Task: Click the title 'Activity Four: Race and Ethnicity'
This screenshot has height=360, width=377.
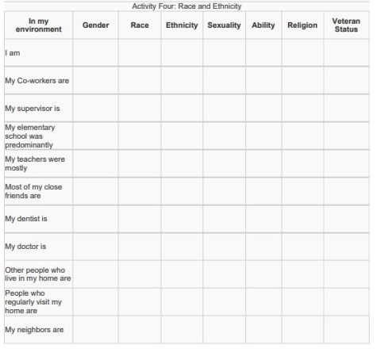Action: [x=188, y=6]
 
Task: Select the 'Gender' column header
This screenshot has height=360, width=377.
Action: [x=95, y=25]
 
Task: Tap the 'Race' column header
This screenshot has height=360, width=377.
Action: [x=140, y=25]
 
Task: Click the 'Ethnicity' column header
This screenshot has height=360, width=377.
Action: [x=182, y=25]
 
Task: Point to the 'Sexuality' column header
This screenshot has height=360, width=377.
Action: [x=224, y=25]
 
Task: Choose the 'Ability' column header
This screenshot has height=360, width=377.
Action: [x=263, y=25]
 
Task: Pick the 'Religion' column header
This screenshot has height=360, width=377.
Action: [x=302, y=25]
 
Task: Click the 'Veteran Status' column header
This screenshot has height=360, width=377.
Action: [x=346, y=25]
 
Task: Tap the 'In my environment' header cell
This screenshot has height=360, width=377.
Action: [x=37, y=25]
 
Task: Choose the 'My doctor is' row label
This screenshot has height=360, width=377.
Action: [x=25, y=247]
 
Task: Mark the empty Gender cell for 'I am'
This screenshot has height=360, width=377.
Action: [x=95, y=53]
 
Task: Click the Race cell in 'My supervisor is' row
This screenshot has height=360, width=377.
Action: [x=140, y=109]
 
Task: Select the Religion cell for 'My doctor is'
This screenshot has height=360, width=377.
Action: [x=302, y=247]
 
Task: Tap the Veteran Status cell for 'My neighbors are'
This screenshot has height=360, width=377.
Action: [x=346, y=329]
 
